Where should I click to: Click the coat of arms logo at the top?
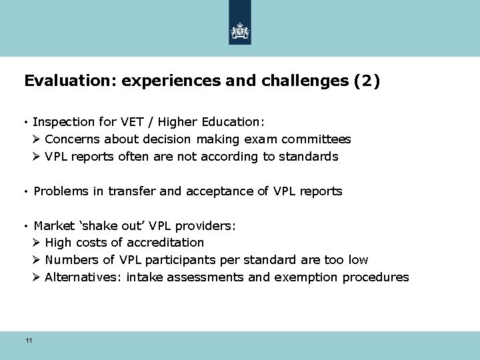coord(239,31)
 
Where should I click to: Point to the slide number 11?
coord(29,341)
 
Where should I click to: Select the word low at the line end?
coord(357,260)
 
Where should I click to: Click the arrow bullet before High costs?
coord(37,243)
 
